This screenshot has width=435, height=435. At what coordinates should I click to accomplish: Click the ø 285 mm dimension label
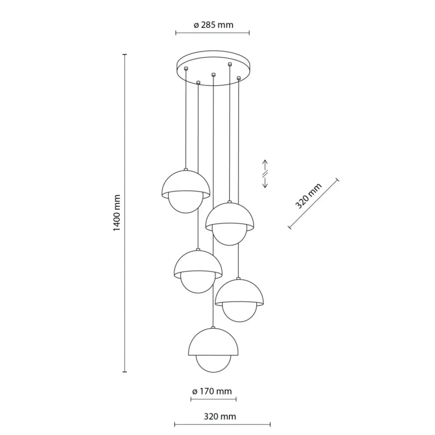pyautogui.click(x=213, y=25)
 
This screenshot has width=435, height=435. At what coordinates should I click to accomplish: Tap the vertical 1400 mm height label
pyautogui.click(x=117, y=213)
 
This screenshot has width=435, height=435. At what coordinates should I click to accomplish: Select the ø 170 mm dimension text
pyautogui.click(x=212, y=391)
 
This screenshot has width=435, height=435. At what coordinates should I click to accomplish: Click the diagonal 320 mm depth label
pyautogui.click(x=308, y=196)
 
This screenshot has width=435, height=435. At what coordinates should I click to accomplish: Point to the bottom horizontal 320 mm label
pyautogui.click(x=220, y=416)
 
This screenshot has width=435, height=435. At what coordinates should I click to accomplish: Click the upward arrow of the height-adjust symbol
pyautogui.click(x=265, y=165)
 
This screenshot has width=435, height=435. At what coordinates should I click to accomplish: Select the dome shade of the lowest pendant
pyautogui.click(x=213, y=341)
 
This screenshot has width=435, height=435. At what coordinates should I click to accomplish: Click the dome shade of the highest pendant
pyautogui.click(x=186, y=182)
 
